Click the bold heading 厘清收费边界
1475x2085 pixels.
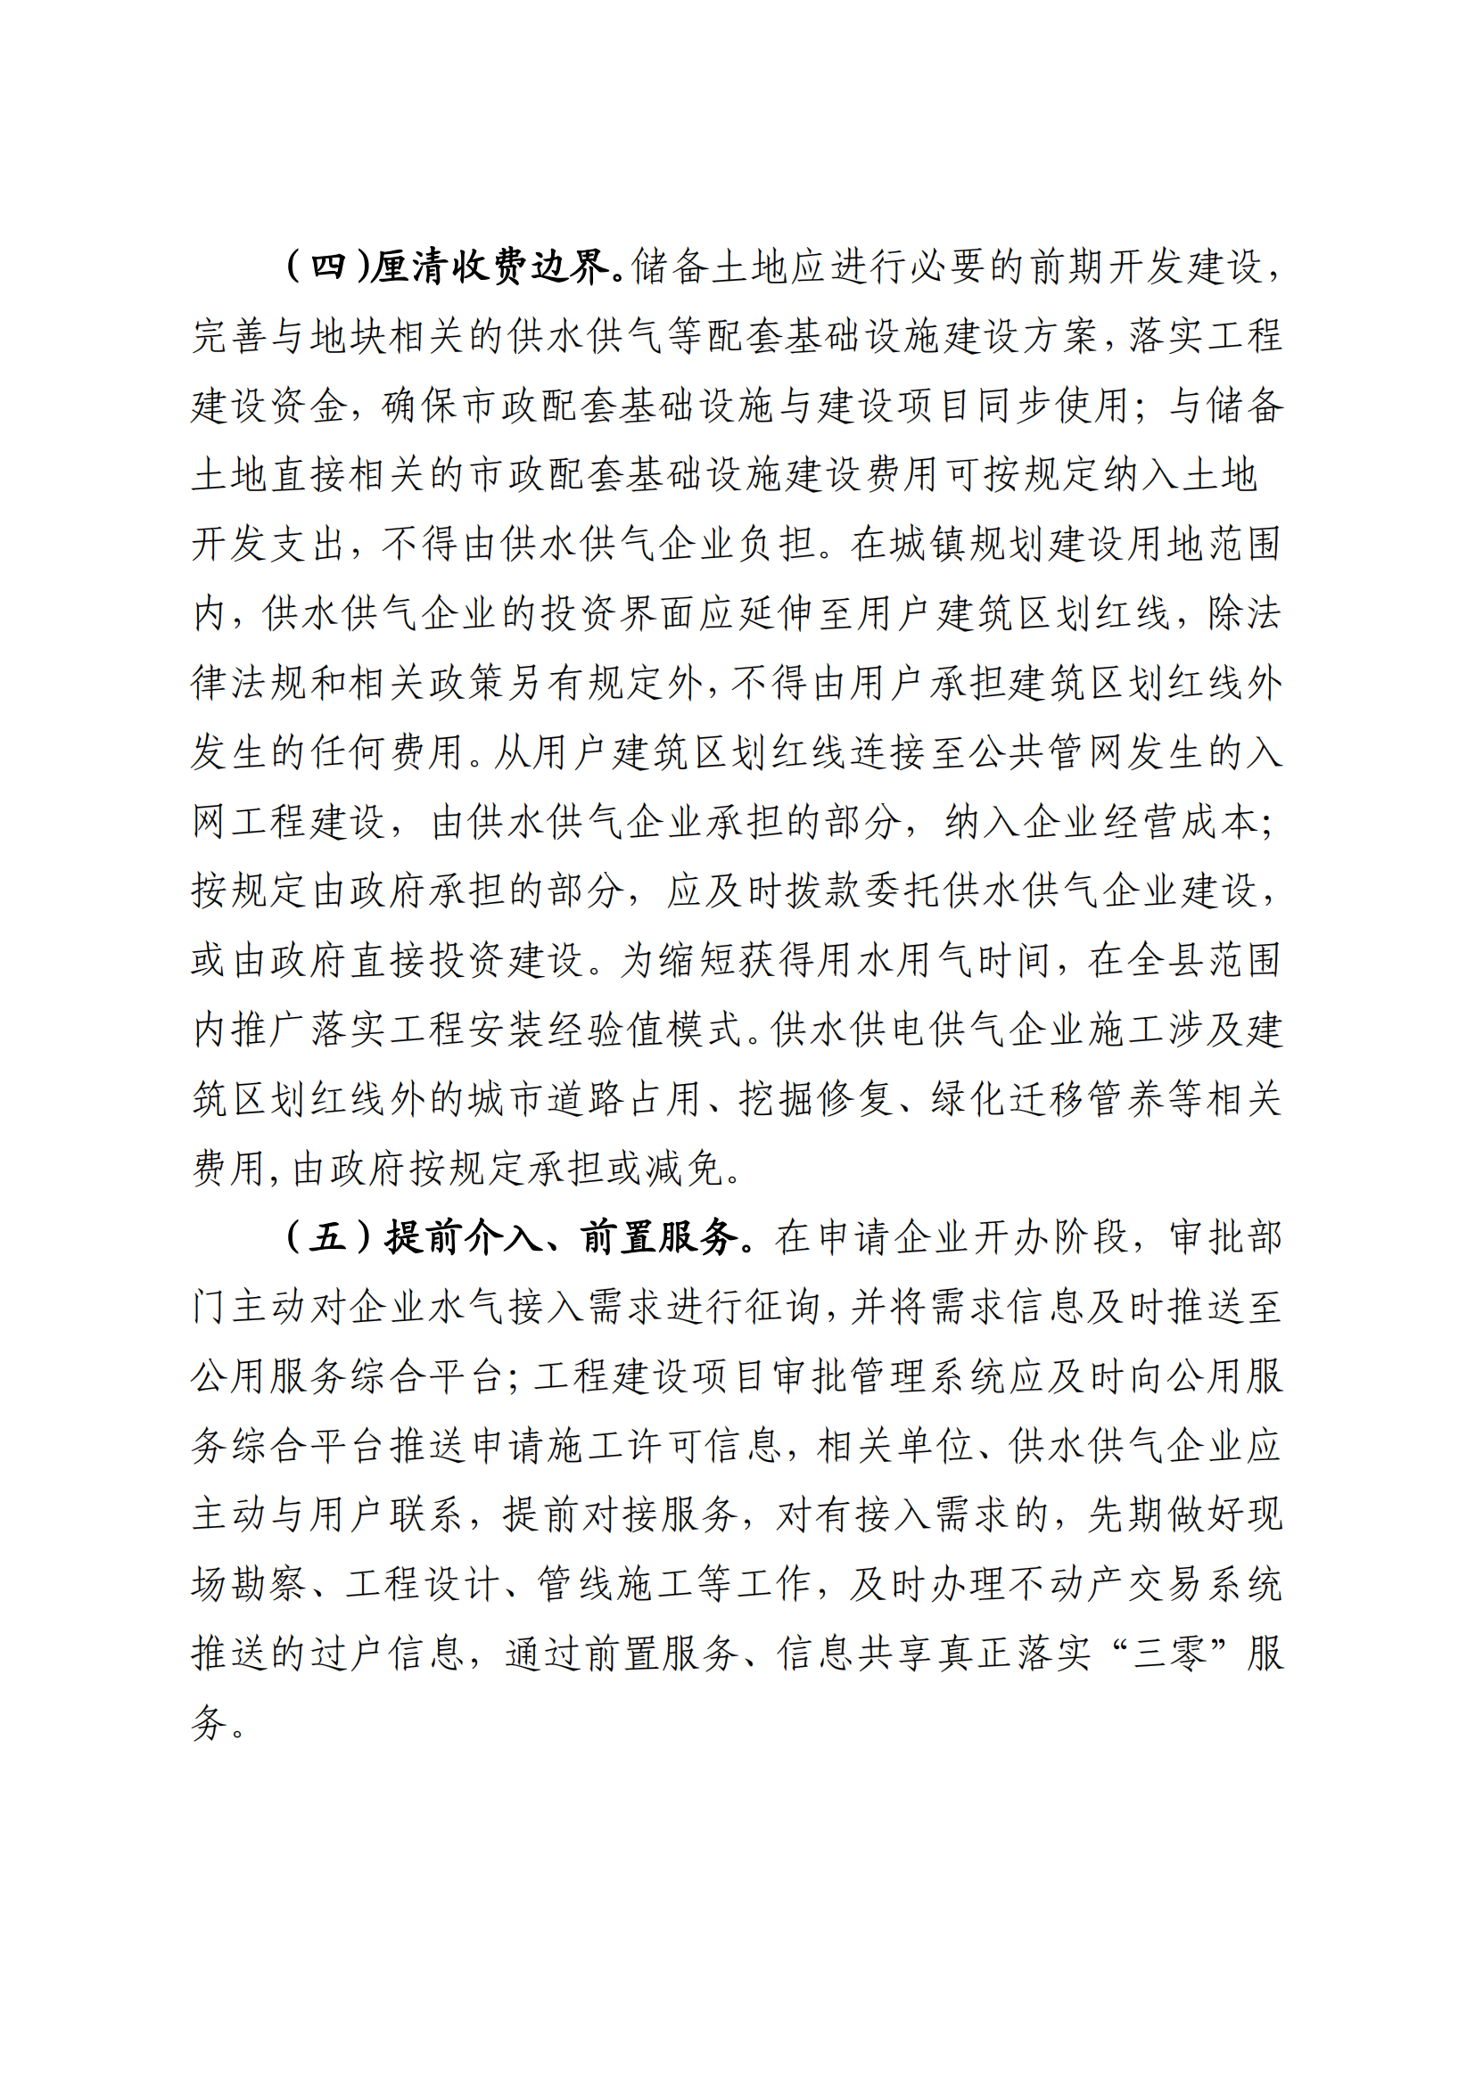[x=490, y=267]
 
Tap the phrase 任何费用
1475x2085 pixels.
[x=387, y=753]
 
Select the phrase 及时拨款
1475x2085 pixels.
[x=745, y=891]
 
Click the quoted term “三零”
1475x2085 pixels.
[x=1172, y=1654]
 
